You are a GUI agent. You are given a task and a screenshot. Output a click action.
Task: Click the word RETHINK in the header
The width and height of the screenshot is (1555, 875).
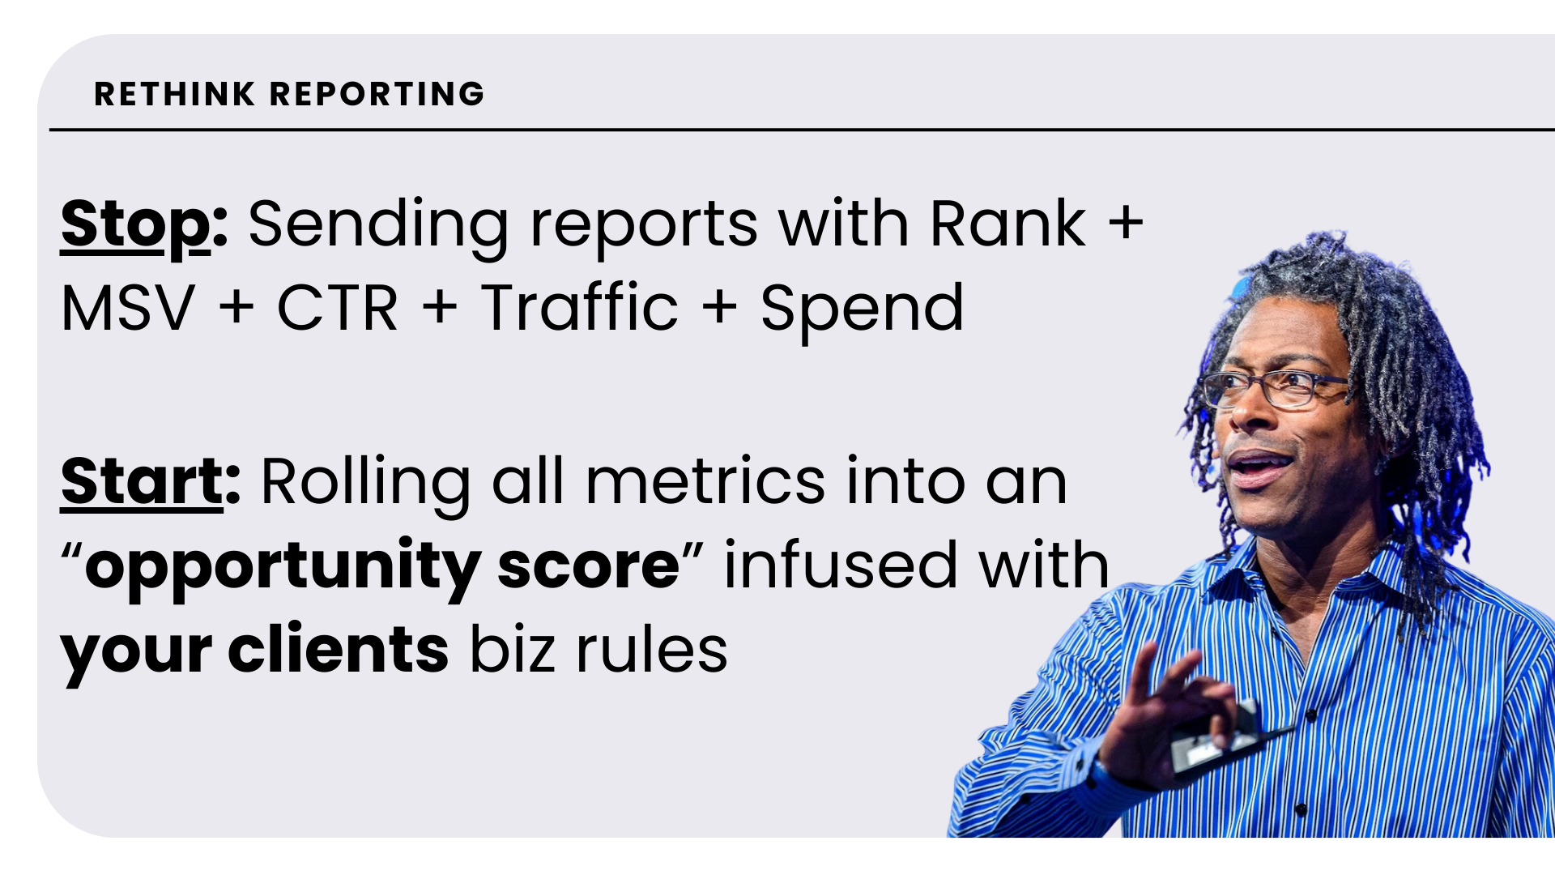(x=175, y=94)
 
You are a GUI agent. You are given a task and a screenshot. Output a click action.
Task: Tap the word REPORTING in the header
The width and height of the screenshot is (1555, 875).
(x=377, y=94)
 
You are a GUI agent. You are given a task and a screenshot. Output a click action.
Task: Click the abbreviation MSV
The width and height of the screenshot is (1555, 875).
(x=128, y=309)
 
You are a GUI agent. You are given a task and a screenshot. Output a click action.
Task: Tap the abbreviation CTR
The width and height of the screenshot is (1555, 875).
(x=338, y=309)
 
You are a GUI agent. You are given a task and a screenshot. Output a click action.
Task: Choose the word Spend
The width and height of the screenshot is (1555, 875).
(x=862, y=312)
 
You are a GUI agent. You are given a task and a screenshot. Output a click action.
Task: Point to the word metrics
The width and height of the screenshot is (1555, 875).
(x=705, y=483)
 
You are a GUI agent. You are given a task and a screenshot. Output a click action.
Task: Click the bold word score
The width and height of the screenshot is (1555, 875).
(x=588, y=568)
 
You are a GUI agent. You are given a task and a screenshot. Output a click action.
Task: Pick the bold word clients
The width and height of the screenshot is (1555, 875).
(x=338, y=650)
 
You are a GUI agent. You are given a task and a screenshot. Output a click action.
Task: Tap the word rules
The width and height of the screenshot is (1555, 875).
(x=652, y=650)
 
